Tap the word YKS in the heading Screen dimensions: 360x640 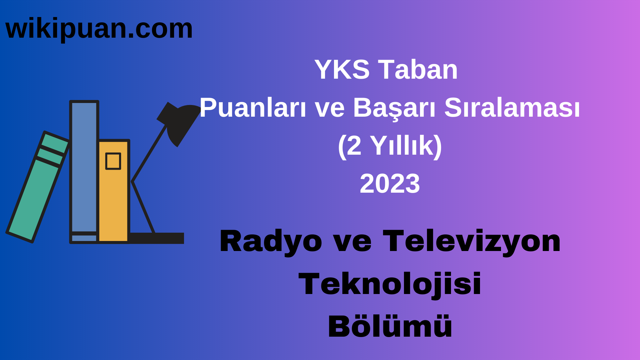pyautogui.click(x=342, y=70)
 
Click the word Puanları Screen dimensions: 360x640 pyautogui.click(x=253, y=108)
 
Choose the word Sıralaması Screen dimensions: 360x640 pyautogui.click(x=512, y=108)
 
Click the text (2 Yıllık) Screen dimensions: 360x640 pyautogui.click(x=390, y=146)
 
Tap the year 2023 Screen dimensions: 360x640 pyautogui.click(x=390, y=184)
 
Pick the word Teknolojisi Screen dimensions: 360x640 pyautogui.click(x=390, y=284)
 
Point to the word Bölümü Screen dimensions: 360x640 pyautogui.click(x=390, y=327)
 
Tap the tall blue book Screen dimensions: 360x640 pyautogui.click(x=84, y=167)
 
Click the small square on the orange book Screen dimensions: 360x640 pyautogui.click(x=113, y=161)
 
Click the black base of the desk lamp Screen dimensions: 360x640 pyautogui.click(x=157, y=238)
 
